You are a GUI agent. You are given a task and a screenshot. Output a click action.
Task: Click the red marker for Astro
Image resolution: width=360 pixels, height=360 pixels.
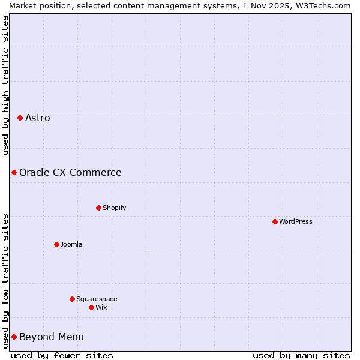pos(20,118)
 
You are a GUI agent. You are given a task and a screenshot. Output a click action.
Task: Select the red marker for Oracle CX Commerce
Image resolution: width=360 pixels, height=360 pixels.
pos(14,172)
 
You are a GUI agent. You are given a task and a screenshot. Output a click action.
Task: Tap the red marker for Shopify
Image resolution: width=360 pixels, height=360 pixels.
pos(98,208)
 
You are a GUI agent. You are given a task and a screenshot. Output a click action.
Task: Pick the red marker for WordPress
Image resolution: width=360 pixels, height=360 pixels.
pos(275,221)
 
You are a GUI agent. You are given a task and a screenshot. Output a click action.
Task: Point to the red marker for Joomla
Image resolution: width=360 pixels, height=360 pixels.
pos(56,244)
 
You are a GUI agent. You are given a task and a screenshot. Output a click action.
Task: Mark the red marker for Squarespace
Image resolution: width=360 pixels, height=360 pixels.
pos(72,299)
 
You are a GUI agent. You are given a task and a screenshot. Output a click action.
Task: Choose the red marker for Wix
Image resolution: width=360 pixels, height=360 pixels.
pos(91,307)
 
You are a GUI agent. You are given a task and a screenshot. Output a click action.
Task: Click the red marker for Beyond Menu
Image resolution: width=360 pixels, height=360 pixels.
pos(14,337)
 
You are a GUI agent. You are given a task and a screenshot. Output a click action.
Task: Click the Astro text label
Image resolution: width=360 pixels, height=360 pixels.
pos(38,118)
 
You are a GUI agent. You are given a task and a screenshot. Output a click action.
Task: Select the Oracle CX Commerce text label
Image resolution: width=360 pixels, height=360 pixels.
pos(70,172)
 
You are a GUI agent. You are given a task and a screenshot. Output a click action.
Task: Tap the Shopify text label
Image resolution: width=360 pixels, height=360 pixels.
pos(114,208)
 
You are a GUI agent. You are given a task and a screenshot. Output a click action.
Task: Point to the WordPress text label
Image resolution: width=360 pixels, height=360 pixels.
pos(296,221)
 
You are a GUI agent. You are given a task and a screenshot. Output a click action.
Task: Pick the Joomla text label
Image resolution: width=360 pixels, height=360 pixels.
pos(71,244)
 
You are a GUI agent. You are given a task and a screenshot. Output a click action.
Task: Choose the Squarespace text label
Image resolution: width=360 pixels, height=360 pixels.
pos(97,299)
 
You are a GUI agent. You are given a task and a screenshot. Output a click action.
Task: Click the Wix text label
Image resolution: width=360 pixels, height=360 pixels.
pos(101,307)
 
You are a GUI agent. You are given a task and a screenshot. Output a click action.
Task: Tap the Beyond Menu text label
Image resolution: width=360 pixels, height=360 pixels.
pos(52,337)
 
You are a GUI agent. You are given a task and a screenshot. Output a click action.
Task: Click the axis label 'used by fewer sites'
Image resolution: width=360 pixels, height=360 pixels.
pos(62,355)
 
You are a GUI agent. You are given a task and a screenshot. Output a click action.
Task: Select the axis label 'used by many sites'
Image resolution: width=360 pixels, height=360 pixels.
pos(301,355)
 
